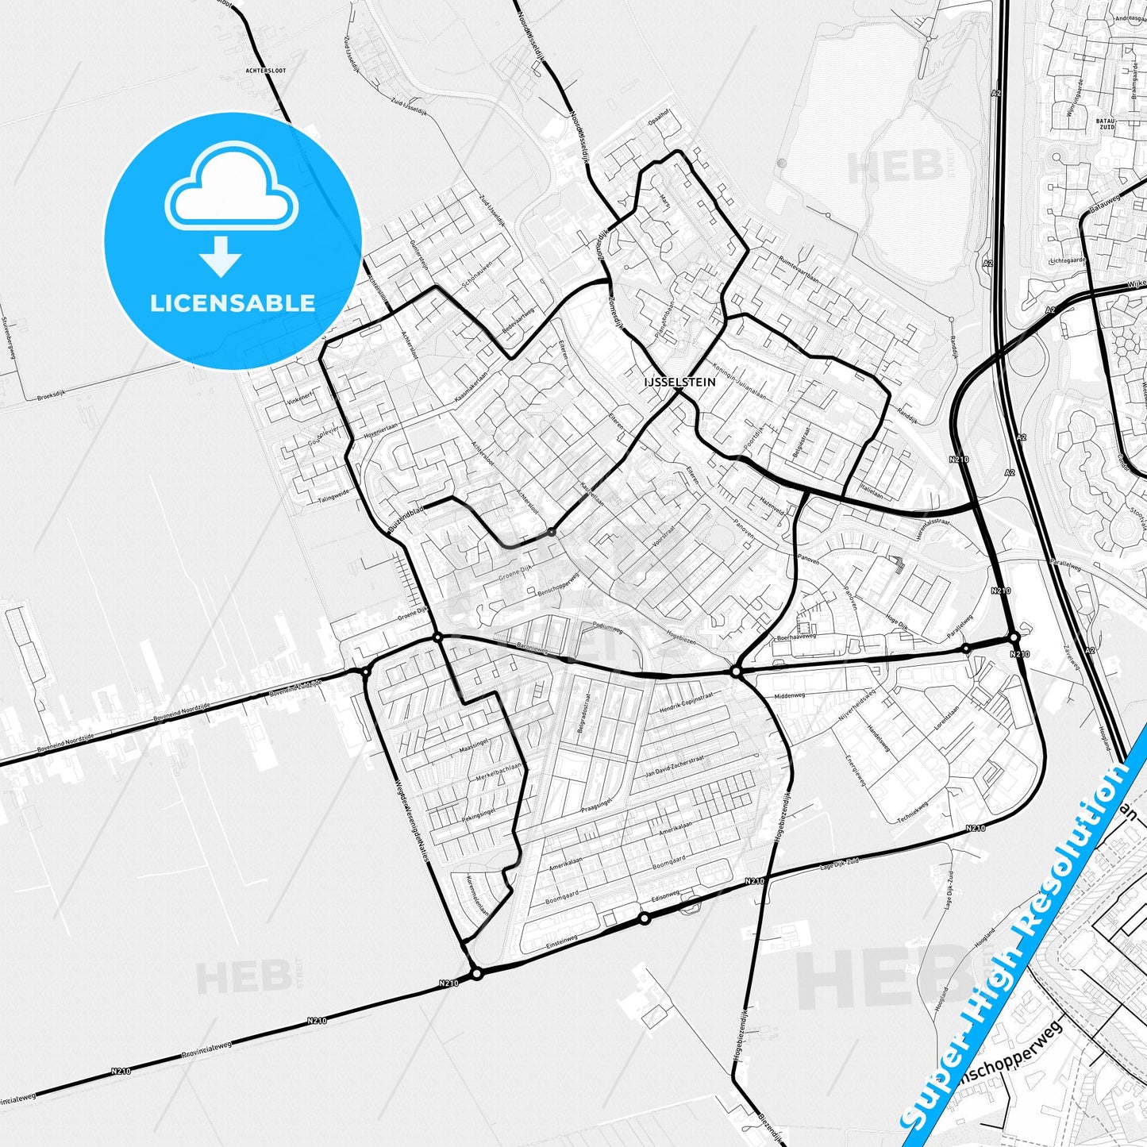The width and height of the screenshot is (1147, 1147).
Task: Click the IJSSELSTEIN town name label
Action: tap(679, 382)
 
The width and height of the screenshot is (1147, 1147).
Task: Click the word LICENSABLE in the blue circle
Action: tap(233, 302)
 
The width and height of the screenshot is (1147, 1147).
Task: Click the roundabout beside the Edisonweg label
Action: tap(645, 918)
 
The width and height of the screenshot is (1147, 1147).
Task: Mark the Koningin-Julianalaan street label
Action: tap(740, 381)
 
